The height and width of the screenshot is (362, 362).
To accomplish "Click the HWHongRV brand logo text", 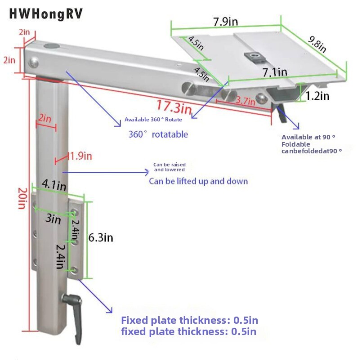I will point(46,14).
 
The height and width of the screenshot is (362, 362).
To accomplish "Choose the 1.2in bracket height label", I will point(317,96).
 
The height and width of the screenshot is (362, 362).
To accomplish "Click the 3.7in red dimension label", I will point(246,102).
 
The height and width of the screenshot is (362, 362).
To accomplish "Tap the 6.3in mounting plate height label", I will point(100,237).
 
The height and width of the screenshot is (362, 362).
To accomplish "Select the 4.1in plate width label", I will point(54,185).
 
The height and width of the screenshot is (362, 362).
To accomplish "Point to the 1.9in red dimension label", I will point(81,156).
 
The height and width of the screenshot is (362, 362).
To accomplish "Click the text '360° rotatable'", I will point(158,134).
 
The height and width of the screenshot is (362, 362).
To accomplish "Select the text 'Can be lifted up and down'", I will point(198,181).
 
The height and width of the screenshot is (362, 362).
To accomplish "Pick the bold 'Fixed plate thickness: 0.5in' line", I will point(189,321).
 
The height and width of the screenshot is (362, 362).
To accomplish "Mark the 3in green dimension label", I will point(53,219).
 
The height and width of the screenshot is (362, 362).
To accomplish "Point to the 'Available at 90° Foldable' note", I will point(308,141).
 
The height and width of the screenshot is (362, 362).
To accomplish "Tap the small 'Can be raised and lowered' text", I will point(169,167).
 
